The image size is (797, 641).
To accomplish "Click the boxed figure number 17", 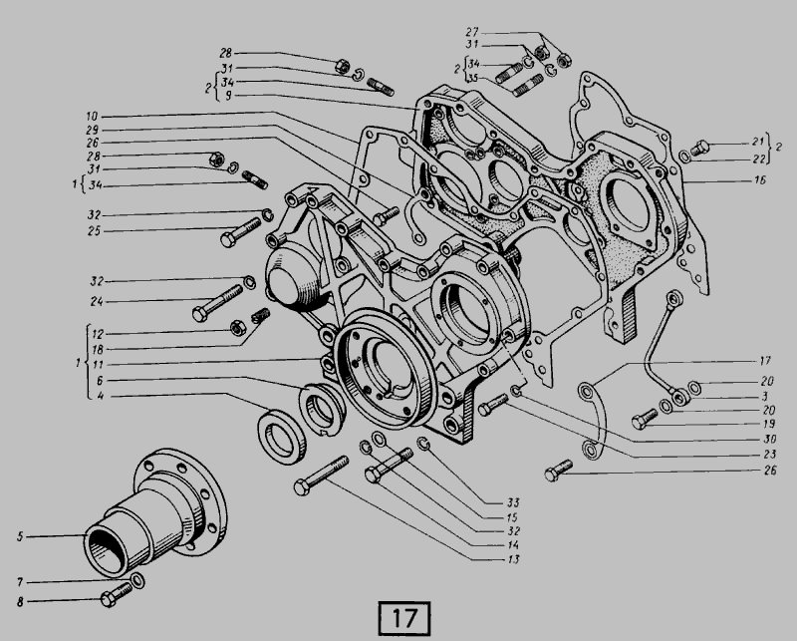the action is pyautogui.click(x=404, y=618).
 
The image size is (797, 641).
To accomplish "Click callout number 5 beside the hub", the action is pyautogui.click(x=20, y=536).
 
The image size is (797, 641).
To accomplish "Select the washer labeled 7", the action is pyautogui.click(x=137, y=580).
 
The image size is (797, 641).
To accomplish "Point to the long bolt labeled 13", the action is pyautogui.click(x=321, y=476).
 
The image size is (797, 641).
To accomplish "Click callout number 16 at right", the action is pyautogui.click(x=759, y=180).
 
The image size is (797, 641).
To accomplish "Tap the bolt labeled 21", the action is pyautogui.click(x=700, y=147).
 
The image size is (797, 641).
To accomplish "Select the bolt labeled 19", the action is pyautogui.click(x=645, y=419).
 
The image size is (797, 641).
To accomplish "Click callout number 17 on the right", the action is pyautogui.click(x=765, y=361).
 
